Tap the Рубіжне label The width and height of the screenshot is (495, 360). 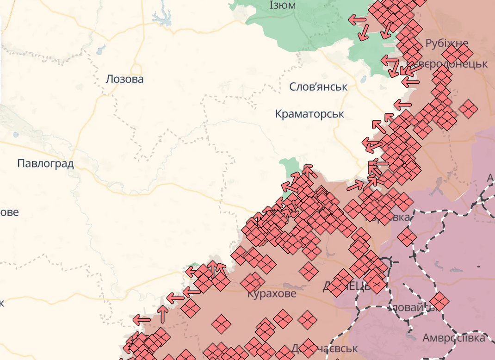point(446,43)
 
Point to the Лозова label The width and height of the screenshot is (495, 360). point(124,79)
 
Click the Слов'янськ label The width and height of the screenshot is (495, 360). point(318,87)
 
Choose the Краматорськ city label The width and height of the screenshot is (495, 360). point(309,114)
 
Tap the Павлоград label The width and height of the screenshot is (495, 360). point(45,163)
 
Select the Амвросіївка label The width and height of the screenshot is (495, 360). point(453,338)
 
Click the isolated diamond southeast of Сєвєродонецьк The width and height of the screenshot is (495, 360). point(469,109)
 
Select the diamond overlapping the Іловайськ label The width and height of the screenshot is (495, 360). point(439,301)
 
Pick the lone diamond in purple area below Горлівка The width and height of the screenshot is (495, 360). point(407,237)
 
